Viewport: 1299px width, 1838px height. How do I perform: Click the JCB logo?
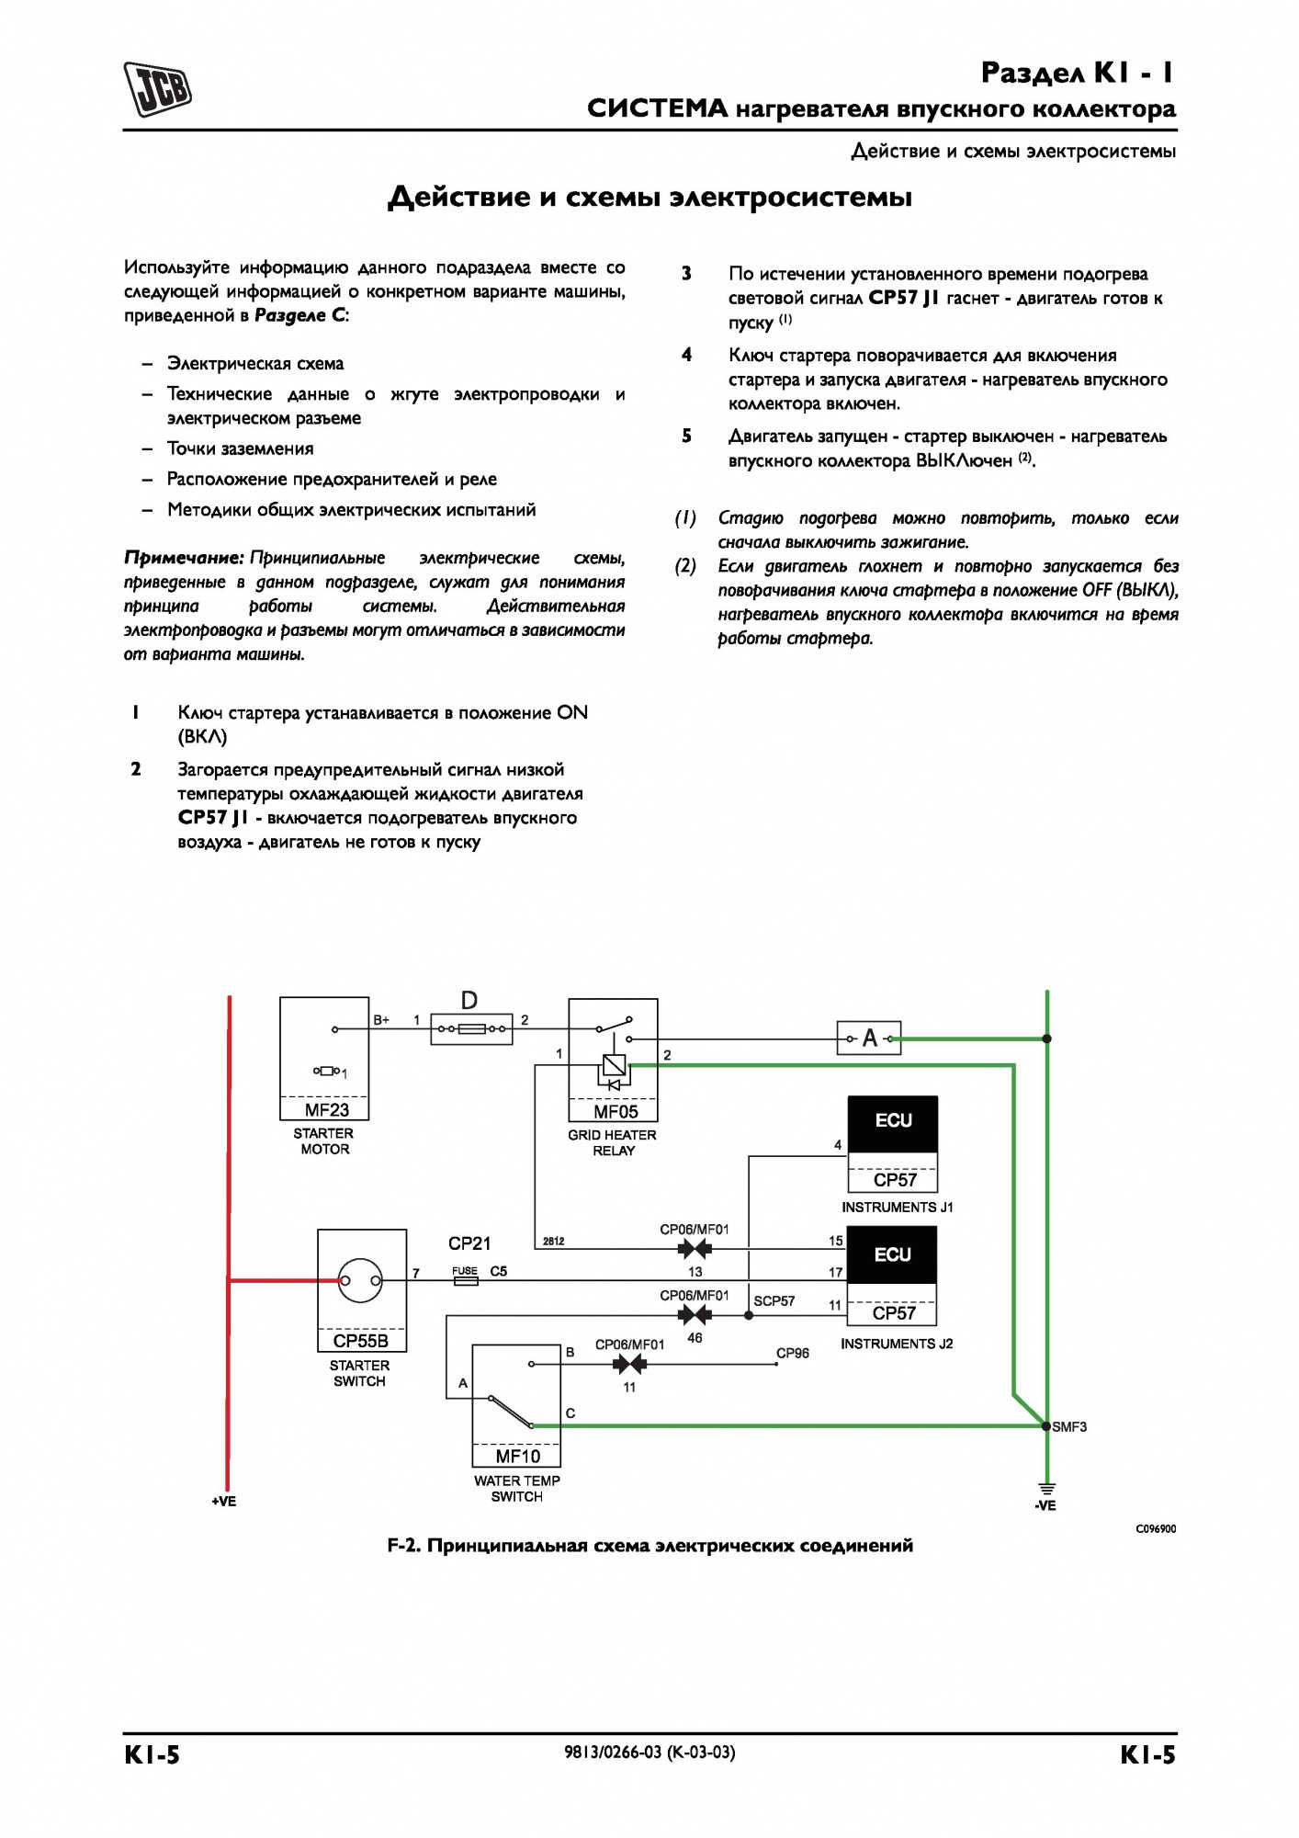pyautogui.click(x=158, y=89)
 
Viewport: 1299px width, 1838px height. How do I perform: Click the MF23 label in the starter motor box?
pyautogui.click(x=326, y=1109)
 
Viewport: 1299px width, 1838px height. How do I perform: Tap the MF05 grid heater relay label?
pyautogui.click(x=615, y=1111)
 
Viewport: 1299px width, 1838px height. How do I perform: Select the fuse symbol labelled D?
pyautogui.click(x=472, y=1028)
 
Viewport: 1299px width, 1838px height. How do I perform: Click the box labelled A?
pyautogui.click(x=868, y=1038)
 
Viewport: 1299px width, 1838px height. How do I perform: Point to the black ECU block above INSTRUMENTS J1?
pyautogui.click(x=893, y=1124)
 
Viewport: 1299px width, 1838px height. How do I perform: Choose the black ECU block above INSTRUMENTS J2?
pyautogui.click(x=892, y=1254)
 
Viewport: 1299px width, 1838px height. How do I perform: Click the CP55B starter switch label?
pyautogui.click(x=361, y=1341)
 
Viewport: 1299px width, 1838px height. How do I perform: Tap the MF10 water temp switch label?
pyautogui.click(x=518, y=1456)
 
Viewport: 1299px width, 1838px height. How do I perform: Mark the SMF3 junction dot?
pyautogui.click(x=1046, y=1426)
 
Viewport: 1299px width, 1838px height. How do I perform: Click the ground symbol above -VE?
pyautogui.click(x=1046, y=1489)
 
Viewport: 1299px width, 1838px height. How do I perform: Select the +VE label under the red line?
pyautogui.click(x=224, y=1501)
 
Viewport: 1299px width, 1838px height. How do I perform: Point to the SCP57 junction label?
pyautogui.click(x=774, y=1300)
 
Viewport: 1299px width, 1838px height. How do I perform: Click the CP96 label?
pyautogui.click(x=793, y=1353)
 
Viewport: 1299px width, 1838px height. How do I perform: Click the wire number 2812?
pyautogui.click(x=553, y=1241)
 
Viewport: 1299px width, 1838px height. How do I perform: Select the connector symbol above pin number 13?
pyautogui.click(x=695, y=1249)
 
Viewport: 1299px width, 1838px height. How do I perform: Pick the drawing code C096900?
pyautogui.click(x=1156, y=1528)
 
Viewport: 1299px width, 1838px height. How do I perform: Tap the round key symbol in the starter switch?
pyautogui.click(x=360, y=1280)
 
